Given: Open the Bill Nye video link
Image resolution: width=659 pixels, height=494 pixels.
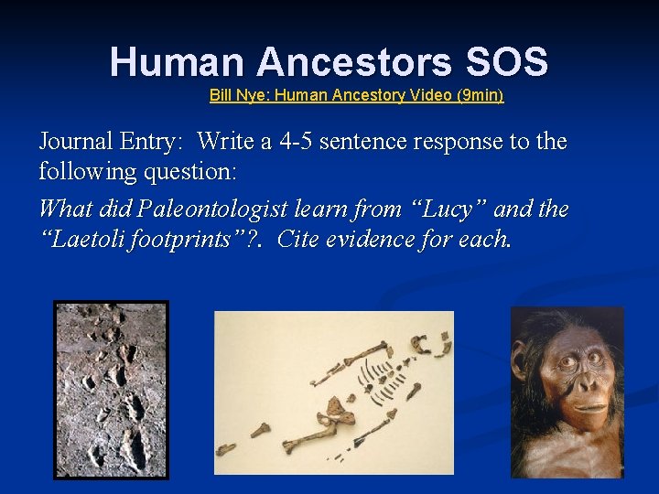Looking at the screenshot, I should click(356, 95).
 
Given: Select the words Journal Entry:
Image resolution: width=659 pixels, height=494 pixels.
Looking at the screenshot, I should click(113, 142).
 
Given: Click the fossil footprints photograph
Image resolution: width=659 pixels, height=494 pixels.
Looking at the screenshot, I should click(111, 390).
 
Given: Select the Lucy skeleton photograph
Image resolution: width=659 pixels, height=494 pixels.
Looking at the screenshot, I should click(333, 392).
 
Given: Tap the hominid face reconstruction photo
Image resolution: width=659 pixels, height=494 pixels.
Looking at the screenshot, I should click(567, 392).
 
